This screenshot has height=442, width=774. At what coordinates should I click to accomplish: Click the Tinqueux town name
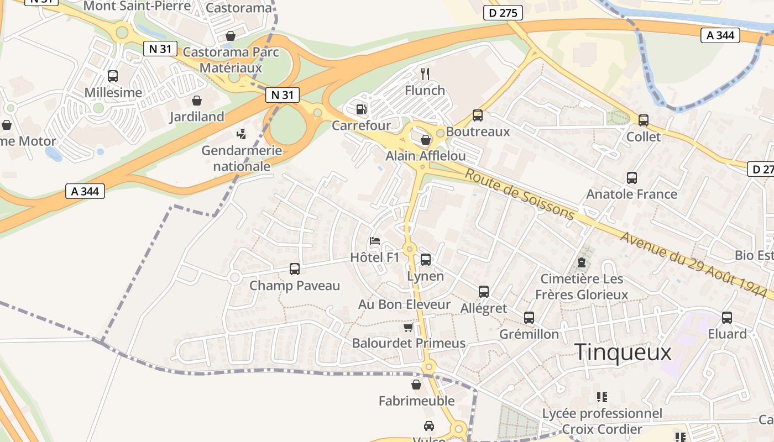pos(623,352)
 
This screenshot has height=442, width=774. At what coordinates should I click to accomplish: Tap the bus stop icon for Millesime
pos(113,76)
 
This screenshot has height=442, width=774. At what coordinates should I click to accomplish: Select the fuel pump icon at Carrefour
pos(361,109)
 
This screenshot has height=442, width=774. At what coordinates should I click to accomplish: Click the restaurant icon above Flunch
pos(425,73)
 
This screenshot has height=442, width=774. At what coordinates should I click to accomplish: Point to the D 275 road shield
pos(503,13)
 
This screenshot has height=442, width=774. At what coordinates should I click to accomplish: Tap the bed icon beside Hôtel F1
pos(375,241)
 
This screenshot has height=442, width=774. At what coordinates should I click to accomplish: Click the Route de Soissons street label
pos(520,194)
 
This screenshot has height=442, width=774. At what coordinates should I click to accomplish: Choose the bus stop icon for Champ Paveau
pos(295,269)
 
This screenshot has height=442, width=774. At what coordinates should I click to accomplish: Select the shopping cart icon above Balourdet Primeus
pos(409,327)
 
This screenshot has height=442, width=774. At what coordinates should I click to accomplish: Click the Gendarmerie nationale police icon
pos(241,134)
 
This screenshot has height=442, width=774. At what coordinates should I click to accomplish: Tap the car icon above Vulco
pos(428,425)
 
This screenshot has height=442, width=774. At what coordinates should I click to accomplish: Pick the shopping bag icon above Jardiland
pos(196,101)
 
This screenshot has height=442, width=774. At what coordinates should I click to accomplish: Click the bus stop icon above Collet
pos(643,120)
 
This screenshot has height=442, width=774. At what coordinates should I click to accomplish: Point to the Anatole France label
pos(631,194)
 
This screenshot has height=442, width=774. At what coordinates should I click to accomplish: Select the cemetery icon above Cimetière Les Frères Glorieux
pos(582,262)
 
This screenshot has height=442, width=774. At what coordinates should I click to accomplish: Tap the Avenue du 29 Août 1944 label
pos(697,263)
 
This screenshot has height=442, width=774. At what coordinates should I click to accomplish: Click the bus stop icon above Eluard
pos(727,318)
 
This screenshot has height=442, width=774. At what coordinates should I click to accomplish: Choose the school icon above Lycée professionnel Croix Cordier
pos(602,397)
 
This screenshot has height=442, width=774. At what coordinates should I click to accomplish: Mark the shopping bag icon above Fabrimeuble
pos(416,385)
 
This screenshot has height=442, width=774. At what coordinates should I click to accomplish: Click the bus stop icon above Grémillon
pos(529,318)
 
